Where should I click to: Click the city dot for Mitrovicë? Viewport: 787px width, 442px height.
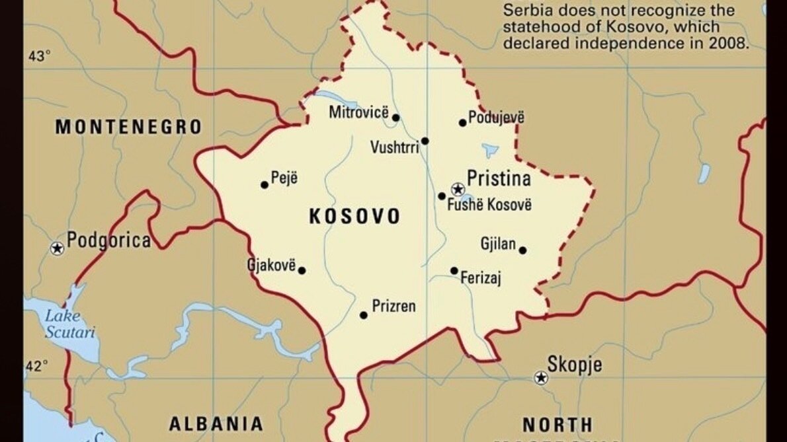coord(395,118)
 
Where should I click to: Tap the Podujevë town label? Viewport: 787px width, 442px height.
coord(496,118)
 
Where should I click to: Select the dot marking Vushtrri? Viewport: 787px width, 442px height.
coord(425,141)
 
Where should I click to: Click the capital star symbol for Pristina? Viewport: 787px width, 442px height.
coord(457,190)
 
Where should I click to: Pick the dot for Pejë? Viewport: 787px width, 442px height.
coord(265,184)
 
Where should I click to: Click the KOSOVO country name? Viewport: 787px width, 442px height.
coord(354,217)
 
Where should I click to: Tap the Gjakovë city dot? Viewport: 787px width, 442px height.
coord(302,270)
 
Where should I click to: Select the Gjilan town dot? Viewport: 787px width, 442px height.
coord(522,250)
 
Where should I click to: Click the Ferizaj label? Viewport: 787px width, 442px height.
coord(481,278)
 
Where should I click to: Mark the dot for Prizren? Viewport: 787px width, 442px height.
coord(363,315)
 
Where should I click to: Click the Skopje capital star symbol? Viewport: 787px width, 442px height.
coord(541,378)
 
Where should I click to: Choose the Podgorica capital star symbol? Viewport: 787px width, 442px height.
coord(58,248)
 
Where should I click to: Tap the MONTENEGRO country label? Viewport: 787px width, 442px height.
coord(128,127)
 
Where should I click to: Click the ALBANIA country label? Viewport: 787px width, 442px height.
coord(216,424)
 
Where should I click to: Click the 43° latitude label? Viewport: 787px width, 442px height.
coord(39,57)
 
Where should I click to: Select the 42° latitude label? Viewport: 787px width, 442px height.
coord(38,367)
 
